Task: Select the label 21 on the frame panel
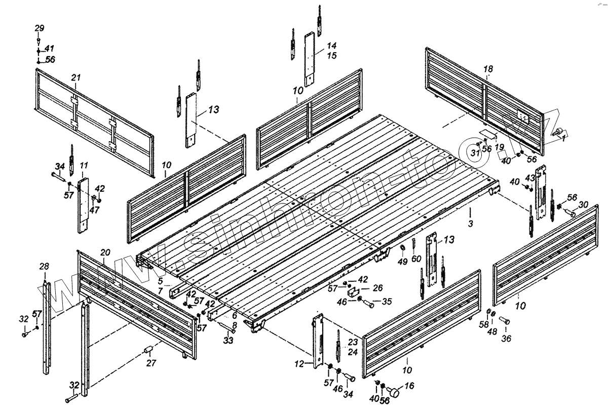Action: click(x=76, y=77)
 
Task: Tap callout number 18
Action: click(x=487, y=69)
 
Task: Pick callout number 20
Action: click(x=105, y=253)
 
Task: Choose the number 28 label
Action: click(x=44, y=267)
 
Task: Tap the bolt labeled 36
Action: click(x=505, y=320)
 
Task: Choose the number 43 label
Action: click(x=530, y=178)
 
